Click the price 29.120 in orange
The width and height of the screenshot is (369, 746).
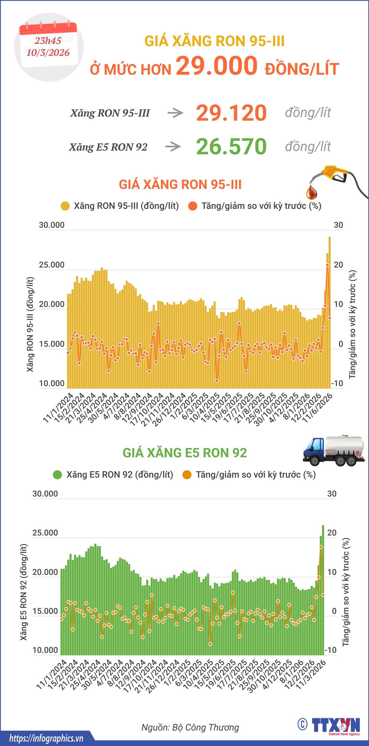click(231, 113)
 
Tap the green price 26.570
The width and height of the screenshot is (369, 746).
click(231, 147)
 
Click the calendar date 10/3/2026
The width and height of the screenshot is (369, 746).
click(48, 53)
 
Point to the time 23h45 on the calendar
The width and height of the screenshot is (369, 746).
click(48, 41)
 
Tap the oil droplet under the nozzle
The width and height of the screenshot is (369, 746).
click(312, 192)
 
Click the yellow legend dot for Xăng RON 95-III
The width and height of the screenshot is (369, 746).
click(65, 206)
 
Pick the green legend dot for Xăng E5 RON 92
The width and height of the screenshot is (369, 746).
click(57, 475)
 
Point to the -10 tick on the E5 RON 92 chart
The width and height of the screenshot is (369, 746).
click(330, 650)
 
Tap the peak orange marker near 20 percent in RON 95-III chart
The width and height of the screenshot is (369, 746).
click(327, 265)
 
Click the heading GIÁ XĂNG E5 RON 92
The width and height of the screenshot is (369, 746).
click(185, 453)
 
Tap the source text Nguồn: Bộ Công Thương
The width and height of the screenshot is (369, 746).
click(190, 728)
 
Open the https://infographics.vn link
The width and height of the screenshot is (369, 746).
click(46, 738)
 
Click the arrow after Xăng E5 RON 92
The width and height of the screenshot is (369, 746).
click(173, 147)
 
